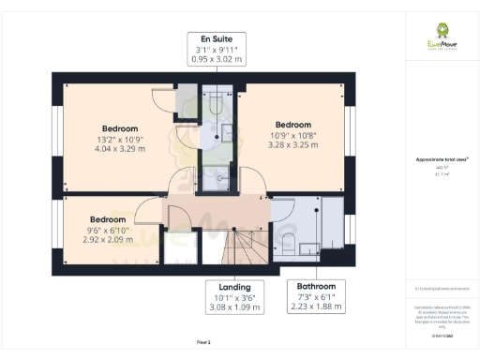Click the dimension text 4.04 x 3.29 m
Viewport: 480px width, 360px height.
point(120,149)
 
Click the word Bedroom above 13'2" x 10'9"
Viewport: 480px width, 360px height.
point(120,128)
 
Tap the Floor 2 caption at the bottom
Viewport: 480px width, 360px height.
point(203,343)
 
